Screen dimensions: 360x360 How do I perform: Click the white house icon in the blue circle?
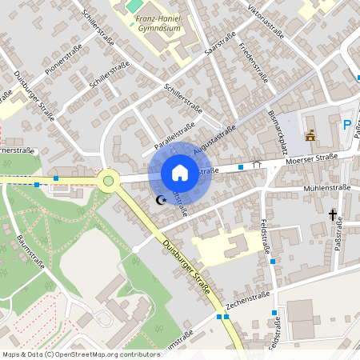coord(180,172)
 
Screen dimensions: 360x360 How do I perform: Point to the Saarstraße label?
coord(220,44)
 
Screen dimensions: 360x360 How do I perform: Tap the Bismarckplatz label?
coord(278,130)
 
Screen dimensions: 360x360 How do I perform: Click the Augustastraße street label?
coord(214,138)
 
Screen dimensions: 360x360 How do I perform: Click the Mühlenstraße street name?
coord(328,187)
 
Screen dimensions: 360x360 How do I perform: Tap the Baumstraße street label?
coord(30,248)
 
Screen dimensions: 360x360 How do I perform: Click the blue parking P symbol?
coord(347,125)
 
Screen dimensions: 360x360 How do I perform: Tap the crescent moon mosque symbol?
coord(161,199)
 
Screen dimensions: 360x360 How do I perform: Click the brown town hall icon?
coord(310,135)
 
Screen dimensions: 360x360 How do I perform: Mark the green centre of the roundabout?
coord(107,181)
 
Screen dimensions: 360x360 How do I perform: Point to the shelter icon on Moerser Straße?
coord(257,163)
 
